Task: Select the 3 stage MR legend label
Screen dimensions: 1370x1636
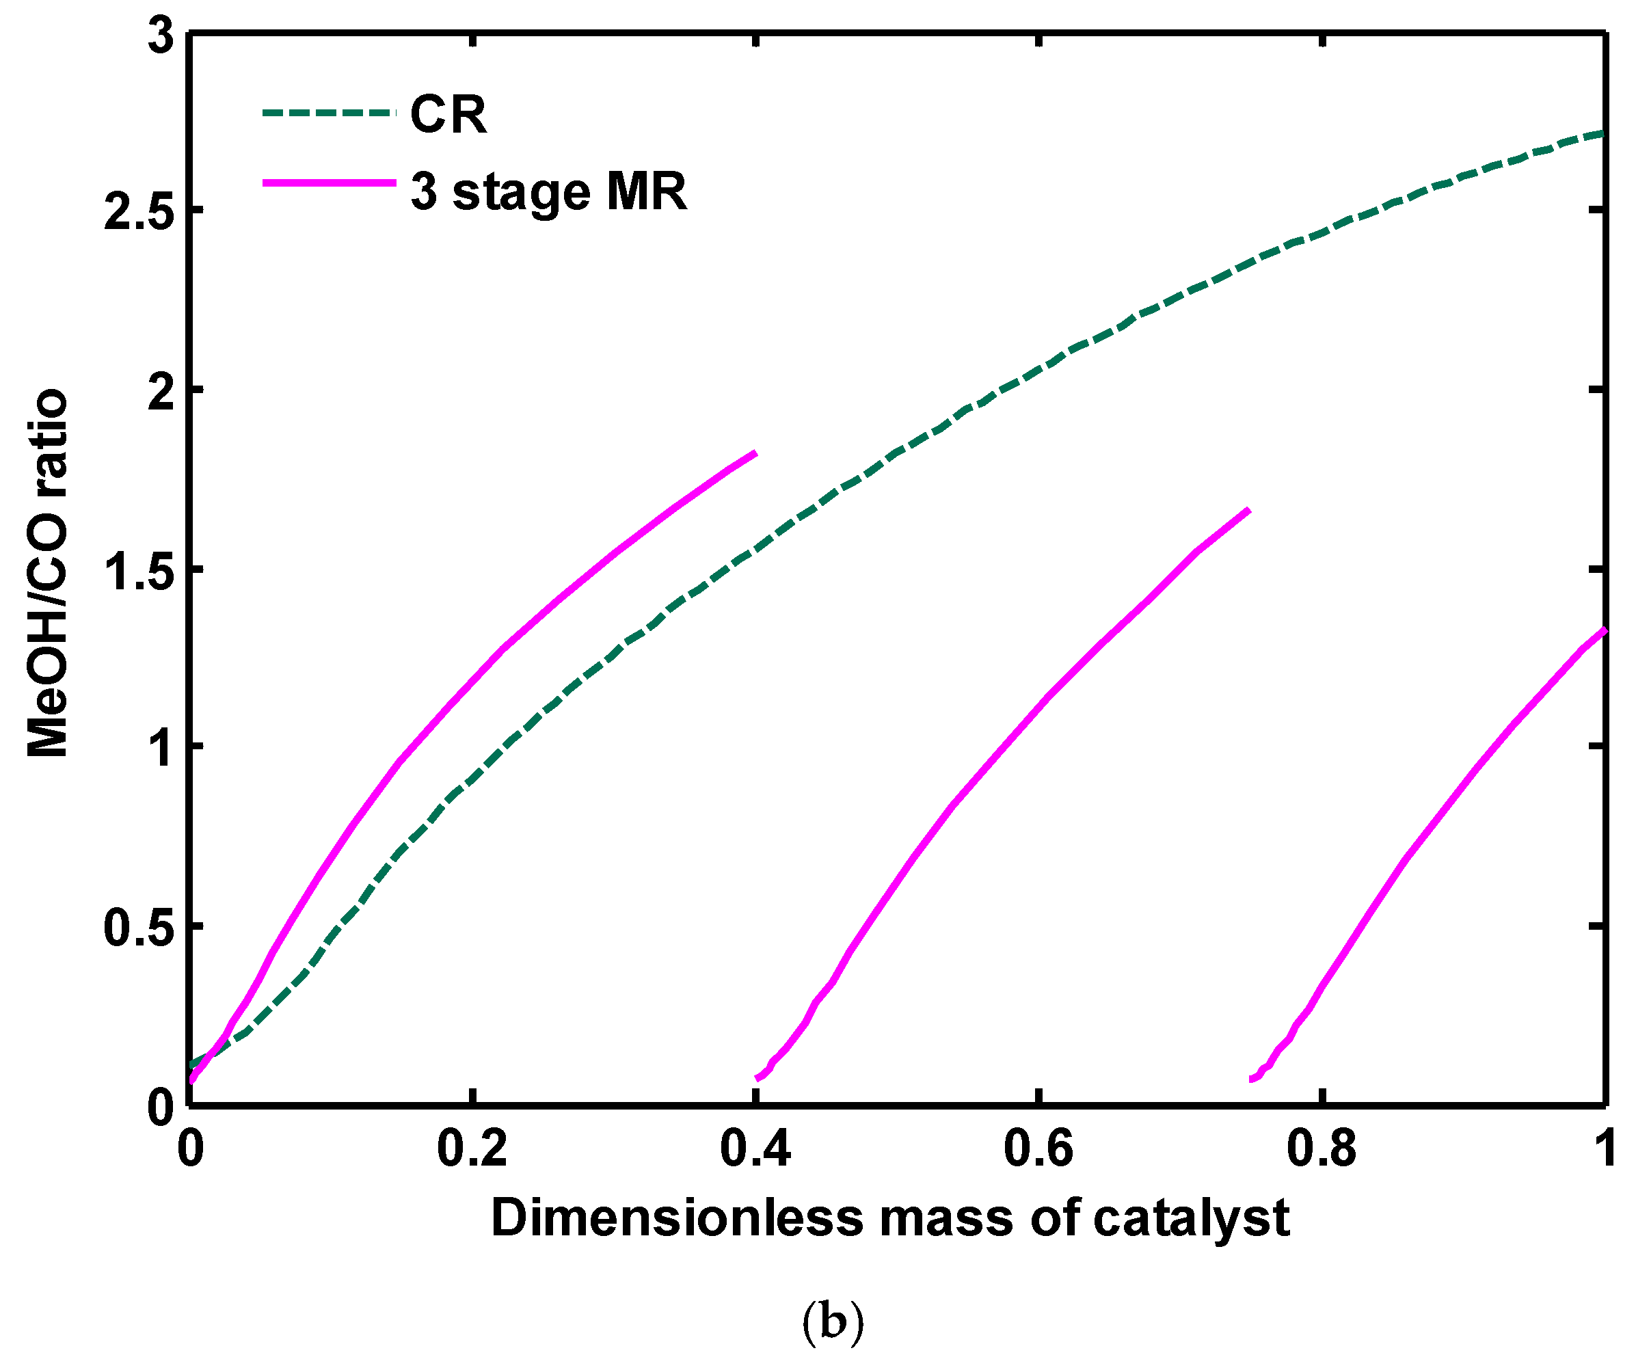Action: [x=548, y=191]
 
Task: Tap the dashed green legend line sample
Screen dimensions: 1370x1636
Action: [x=329, y=113]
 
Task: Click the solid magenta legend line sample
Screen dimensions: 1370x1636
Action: [x=329, y=183]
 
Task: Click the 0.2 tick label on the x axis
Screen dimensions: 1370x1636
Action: [x=472, y=1149]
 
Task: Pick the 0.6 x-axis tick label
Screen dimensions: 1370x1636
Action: [x=1038, y=1149]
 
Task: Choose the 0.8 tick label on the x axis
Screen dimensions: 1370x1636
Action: [x=1322, y=1149]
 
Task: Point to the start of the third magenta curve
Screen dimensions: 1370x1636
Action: [x=1252, y=1079]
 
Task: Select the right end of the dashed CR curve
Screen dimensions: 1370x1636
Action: [x=1603, y=133]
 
